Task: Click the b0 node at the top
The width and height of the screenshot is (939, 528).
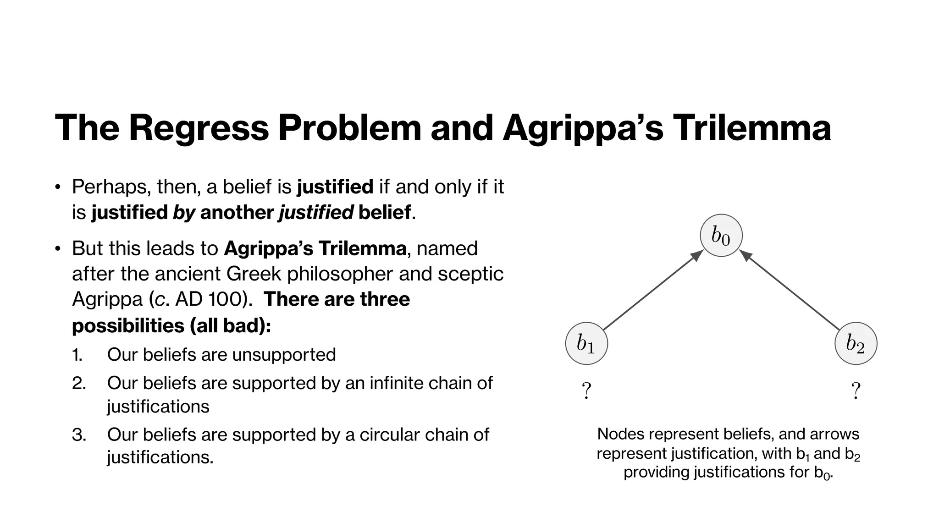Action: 721,235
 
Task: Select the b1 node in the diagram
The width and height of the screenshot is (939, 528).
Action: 586,343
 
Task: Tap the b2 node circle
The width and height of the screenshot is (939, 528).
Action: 855,343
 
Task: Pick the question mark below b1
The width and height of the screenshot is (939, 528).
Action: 586,391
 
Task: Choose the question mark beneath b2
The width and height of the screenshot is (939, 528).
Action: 855,391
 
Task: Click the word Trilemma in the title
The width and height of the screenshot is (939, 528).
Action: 751,128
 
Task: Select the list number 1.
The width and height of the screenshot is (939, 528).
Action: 77,355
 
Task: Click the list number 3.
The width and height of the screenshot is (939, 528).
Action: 78,434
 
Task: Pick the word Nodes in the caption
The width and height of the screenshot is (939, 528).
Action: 621,434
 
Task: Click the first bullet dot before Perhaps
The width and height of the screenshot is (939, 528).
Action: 57,187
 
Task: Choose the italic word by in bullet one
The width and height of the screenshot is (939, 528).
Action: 184,213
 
